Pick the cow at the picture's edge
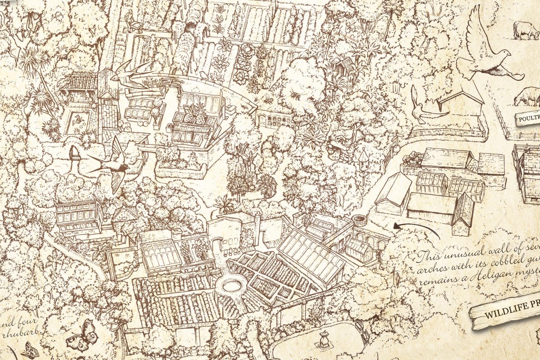pyautogui.click(x=526, y=29)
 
